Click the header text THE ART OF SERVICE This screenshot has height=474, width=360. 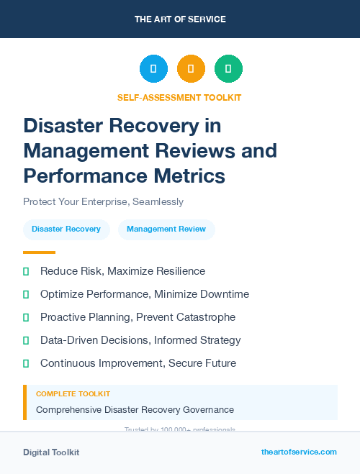tap(180, 19)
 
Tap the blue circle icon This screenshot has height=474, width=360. tap(153, 69)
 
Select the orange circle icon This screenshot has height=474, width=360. tap(191, 69)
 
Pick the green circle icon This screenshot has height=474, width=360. tap(228, 69)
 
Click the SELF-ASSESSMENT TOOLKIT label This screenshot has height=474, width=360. tap(179, 97)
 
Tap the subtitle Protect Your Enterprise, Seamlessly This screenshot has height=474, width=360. tap(103, 201)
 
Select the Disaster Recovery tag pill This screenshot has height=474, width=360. tap(66, 229)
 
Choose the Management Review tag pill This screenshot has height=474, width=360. tap(166, 229)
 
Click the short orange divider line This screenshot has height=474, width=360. tap(39, 252)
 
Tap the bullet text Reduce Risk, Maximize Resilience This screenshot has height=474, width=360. tap(122, 271)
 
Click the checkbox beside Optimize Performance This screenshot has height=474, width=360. tap(26, 294)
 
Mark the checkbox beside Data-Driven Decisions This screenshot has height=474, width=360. tap(26, 340)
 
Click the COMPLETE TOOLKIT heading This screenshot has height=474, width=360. tap(73, 394)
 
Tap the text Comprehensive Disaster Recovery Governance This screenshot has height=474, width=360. tap(135, 409)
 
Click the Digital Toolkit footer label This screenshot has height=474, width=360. tap(51, 452)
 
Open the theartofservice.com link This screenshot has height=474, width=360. tap(299, 452)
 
